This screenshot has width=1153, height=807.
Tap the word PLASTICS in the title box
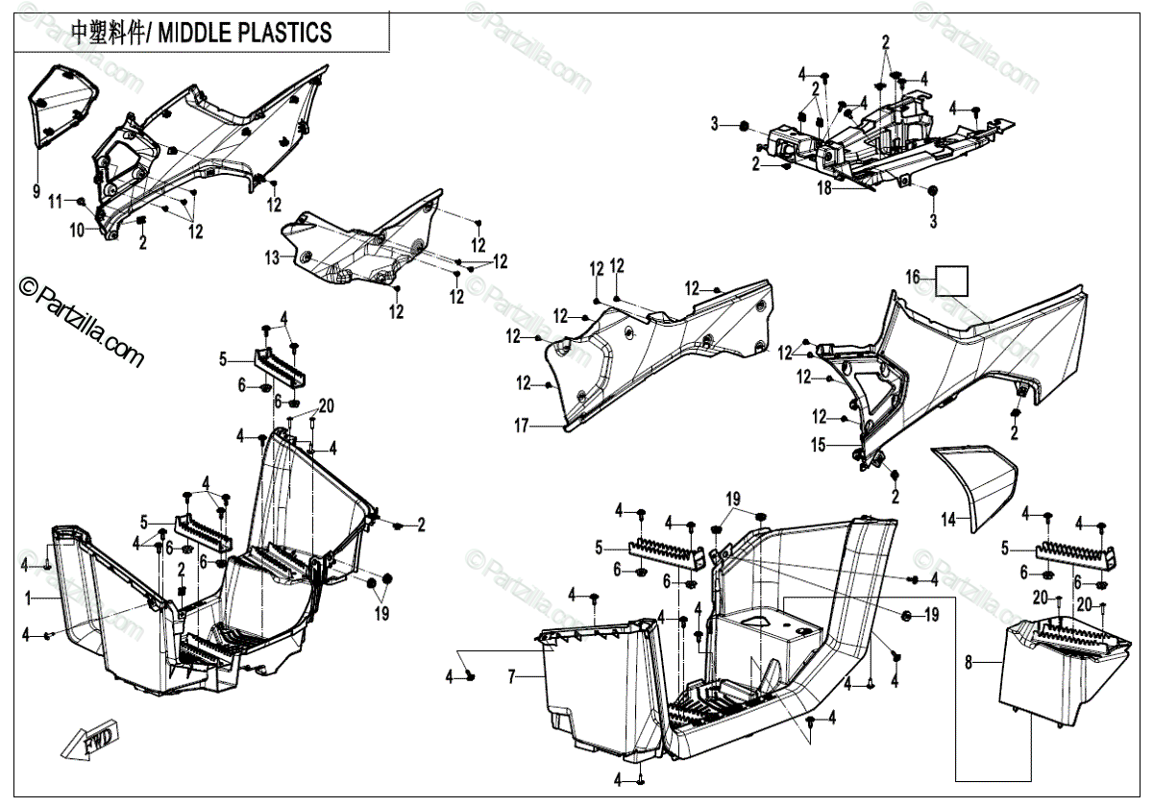[x=282, y=33]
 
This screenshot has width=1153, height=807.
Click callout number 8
[x=969, y=661]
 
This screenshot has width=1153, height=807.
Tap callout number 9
[x=37, y=191]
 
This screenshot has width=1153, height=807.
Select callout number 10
[x=77, y=229]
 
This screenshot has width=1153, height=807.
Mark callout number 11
[x=56, y=201]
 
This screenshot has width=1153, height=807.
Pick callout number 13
[x=272, y=257]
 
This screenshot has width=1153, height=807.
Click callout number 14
[x=948, y=520]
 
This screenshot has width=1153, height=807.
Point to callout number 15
[x=819, y=445]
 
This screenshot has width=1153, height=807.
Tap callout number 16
[x=913, y=278]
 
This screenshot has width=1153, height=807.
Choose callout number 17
[x=521, y=426]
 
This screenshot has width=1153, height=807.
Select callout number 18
[x=823, y=189]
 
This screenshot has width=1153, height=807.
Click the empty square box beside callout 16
[x=953, y=281]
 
